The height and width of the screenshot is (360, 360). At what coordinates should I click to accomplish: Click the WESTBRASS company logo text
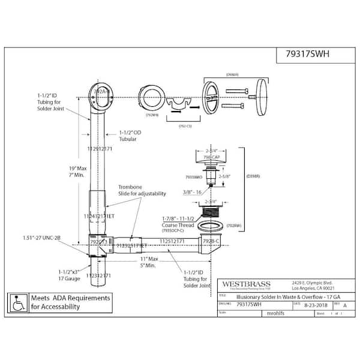tap(247, 284)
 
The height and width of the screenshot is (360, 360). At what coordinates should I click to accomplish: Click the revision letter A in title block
tap(344, 305)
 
